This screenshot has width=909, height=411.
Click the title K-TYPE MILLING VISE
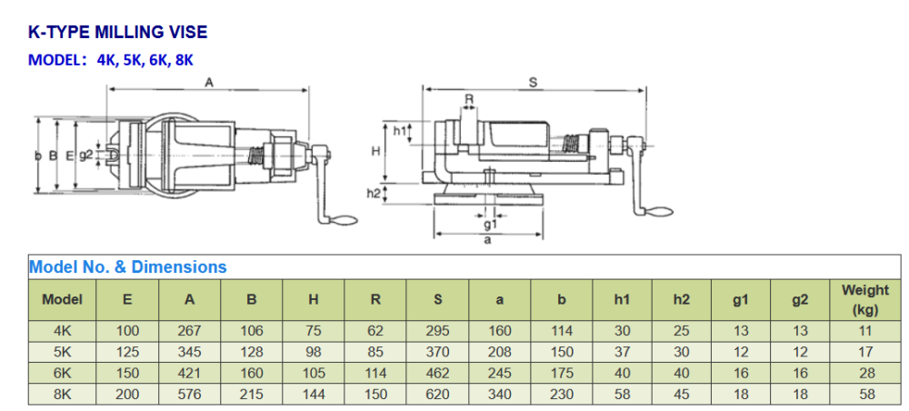click(118, 33)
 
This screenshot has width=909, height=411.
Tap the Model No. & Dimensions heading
click(128, 267)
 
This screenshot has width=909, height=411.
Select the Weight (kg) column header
click(864, 299)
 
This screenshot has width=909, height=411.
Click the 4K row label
click(62, 331)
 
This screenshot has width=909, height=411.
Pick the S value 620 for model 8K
click(437, 395)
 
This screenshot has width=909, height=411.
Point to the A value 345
click(189, 352)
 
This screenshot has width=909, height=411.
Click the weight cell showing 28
click(864, 373)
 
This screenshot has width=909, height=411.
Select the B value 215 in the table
click(251, 395)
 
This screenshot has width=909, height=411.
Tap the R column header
click(375, 299)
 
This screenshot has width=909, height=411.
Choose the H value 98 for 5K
click(313, 352)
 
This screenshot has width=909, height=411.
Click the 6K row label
click(62, 373)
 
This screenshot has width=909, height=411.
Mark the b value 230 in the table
click(561, 395)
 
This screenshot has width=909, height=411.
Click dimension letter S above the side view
click(534, 82)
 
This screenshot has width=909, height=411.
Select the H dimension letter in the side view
click(375, 151)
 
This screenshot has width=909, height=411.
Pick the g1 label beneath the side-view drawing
click(490, 224)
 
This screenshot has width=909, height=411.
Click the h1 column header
click(623, 299)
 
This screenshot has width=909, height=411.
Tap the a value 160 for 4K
click(499, 331)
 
